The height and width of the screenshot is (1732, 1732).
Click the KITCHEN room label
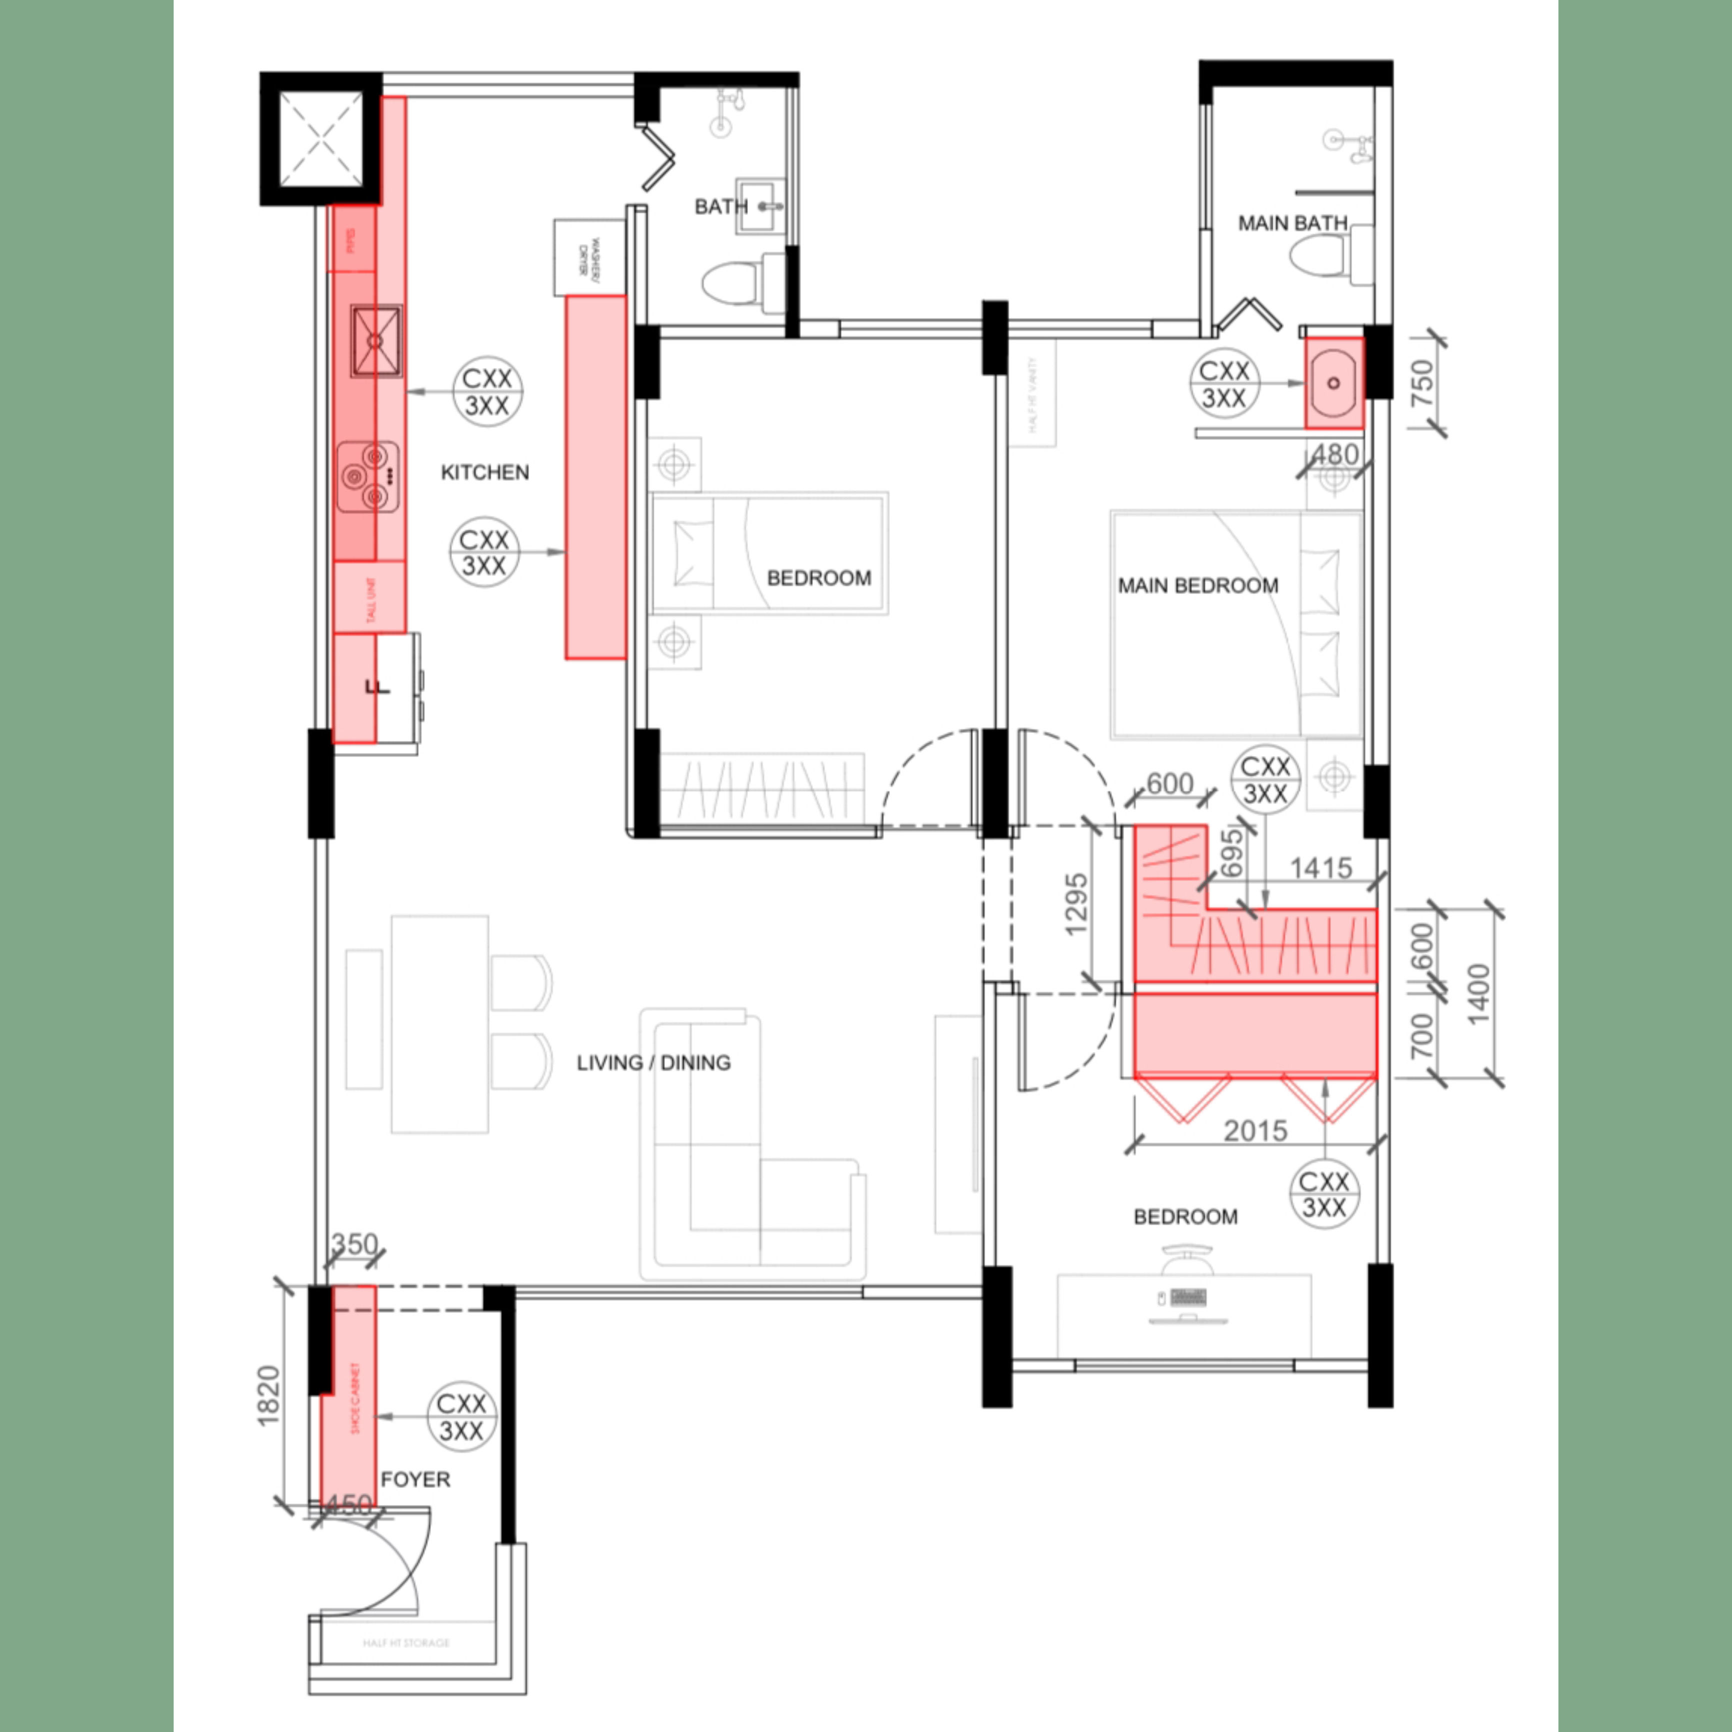484,472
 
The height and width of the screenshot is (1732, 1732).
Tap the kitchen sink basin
375,340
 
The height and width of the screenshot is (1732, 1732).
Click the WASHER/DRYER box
588,257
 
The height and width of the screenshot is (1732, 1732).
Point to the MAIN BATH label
1292,222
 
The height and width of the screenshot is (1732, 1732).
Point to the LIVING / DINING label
653,1062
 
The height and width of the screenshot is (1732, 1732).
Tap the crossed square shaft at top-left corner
321,139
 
